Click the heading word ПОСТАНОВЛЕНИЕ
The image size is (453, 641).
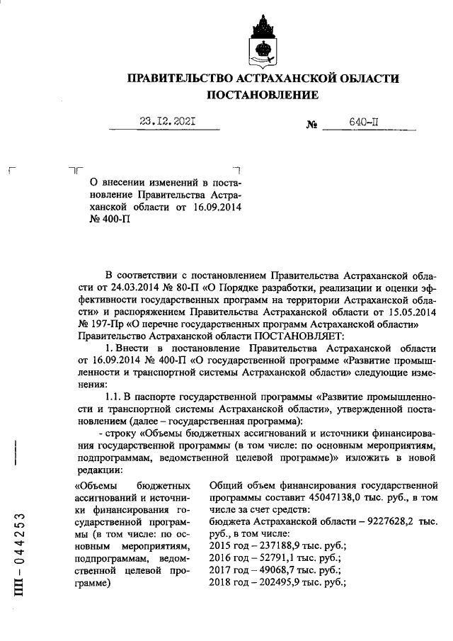(x=263, y=95)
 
